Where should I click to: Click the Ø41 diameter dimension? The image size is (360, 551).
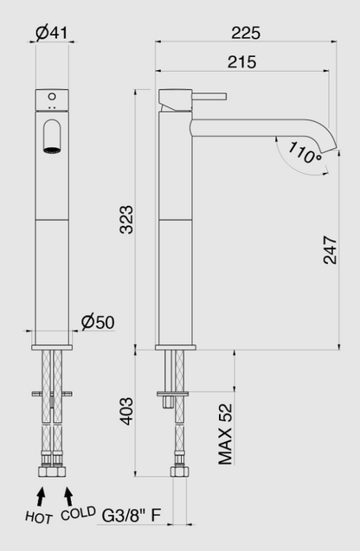coord(53,33)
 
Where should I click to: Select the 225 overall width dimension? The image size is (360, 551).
coord(246,33)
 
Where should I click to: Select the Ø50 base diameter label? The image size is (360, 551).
coord(97,322)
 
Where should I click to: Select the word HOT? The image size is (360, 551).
coord(39,518)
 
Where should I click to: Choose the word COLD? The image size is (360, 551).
coord(78,515)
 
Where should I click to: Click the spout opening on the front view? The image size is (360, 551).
coord(53,137)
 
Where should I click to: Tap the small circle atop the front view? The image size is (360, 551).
coord(53,96)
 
